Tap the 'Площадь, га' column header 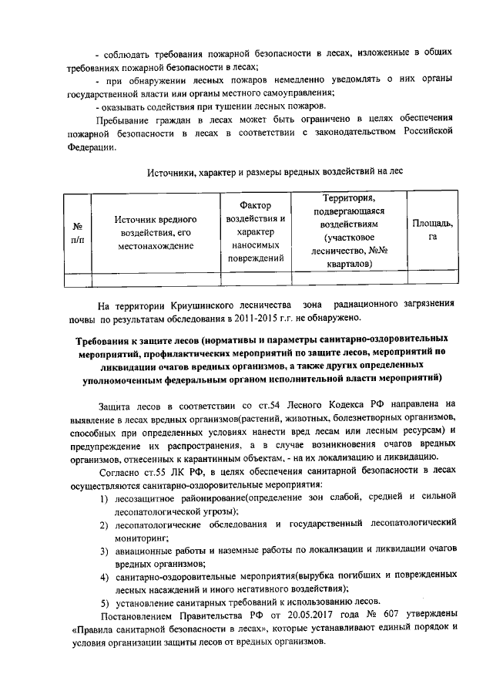click(x=432, y=230)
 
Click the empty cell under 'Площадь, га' click(x=432, y=279)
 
